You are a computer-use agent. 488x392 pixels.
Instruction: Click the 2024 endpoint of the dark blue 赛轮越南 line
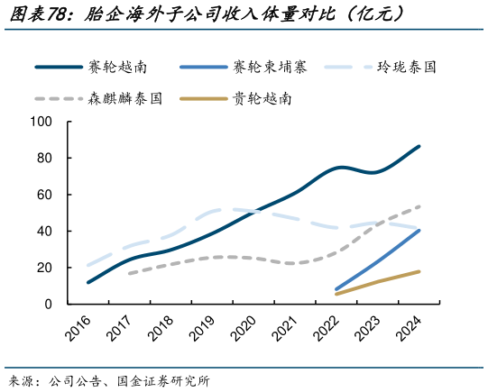coord(419,146)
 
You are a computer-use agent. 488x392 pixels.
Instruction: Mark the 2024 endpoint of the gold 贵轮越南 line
coord(419,271)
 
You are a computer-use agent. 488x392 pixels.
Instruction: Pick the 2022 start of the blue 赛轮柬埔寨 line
coord(336,289)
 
